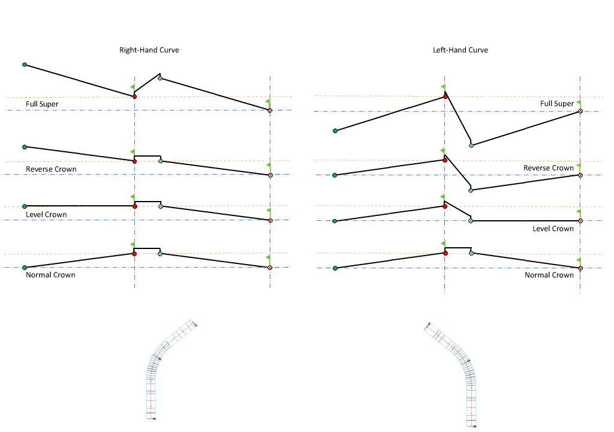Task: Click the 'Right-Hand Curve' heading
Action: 149,50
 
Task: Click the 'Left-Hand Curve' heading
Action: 460,50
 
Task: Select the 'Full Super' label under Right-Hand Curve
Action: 42,104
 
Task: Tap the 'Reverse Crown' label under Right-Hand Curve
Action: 51,169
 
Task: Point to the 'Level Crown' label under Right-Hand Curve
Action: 46,214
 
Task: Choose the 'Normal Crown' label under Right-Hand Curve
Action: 50,275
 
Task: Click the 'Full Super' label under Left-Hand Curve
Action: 557,103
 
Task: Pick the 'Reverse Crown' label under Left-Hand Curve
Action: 549,168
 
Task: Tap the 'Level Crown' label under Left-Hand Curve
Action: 553,228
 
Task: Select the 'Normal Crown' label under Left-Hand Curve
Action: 549,275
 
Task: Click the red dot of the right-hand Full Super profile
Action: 134,96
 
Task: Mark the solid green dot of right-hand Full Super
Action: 25,64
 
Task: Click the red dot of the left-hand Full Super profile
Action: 445,96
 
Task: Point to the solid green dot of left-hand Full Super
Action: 335,130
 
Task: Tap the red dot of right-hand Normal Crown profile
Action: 134,254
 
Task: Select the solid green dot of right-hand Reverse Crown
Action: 25,146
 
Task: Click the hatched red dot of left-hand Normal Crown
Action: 580,268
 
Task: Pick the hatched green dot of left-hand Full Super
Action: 471,145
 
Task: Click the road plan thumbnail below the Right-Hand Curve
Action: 171,369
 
